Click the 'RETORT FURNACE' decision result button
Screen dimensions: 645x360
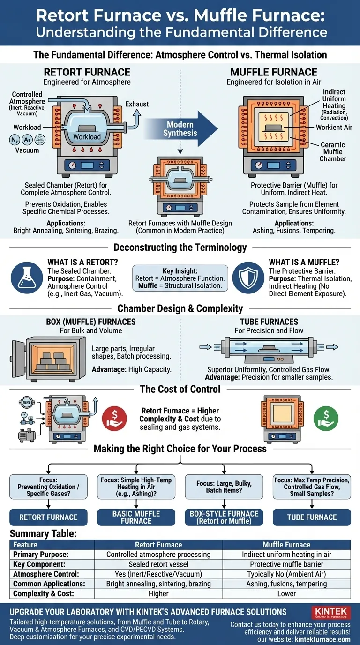(x=48, y=517)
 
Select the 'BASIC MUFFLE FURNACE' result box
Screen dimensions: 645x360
(x=136, y=517)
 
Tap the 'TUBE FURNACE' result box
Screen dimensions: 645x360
(x=312, y=517)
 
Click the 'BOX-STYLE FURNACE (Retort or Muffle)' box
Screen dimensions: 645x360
(x=224, y=517)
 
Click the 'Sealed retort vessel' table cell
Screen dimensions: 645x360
(x=158, y=564)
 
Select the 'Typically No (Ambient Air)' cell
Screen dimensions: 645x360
(x=286, y=574)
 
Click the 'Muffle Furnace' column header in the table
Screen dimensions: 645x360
(x=286, y=545)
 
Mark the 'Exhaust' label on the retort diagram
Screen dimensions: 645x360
(x=137, y=104)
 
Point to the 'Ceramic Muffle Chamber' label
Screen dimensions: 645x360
(x=333, y=152)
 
